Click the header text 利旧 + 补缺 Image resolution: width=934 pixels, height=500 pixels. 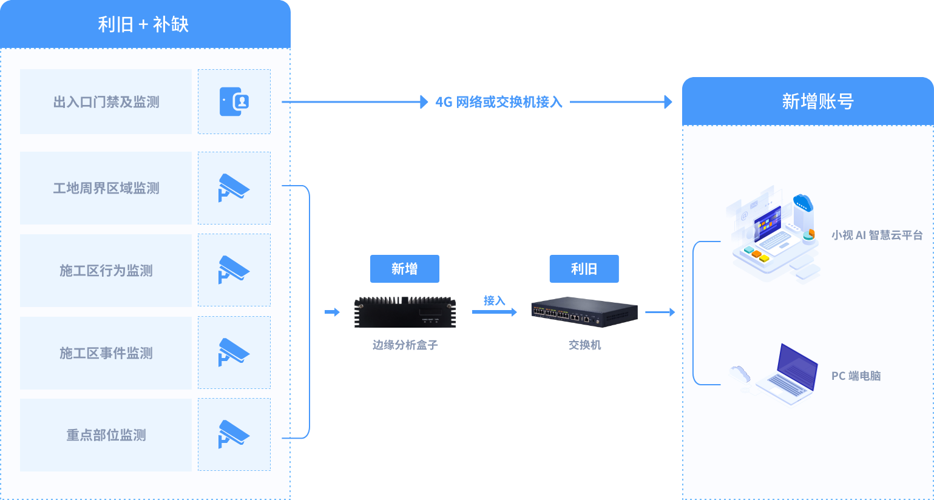[x=143, y=24]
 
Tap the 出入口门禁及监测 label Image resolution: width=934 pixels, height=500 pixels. [x=106, y=102]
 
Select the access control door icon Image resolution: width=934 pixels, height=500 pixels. [x=234, y=102]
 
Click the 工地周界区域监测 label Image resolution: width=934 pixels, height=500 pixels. [x=106, y=188]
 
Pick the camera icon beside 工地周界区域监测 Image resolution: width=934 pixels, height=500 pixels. [x=234, y=187]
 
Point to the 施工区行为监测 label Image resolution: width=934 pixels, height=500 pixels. [x=106, y=271]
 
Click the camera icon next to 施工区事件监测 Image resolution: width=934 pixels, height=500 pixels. [x=234, y=352]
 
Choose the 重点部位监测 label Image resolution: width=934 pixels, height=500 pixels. [x=106, y=435]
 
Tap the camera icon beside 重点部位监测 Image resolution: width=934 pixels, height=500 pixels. [x=234, y=434]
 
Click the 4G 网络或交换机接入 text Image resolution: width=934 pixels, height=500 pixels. [x=499, y=102]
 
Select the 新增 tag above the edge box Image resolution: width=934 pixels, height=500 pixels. [x=405, y=269]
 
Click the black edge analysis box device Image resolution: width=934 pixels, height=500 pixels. [x=405, y=312]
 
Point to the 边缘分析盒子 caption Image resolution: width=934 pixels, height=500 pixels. [x=405, y=345]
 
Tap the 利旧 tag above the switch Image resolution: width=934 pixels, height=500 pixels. [x=584, y=269]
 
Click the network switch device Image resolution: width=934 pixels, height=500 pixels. [x=584, y=312]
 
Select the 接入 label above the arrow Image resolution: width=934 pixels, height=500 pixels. [x=494, y=300]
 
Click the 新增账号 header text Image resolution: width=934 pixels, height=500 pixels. [x=817, y=101]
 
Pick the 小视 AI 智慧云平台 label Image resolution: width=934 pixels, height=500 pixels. [x=877, y=235]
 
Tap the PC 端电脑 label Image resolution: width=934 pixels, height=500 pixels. [x=856, y=376]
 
